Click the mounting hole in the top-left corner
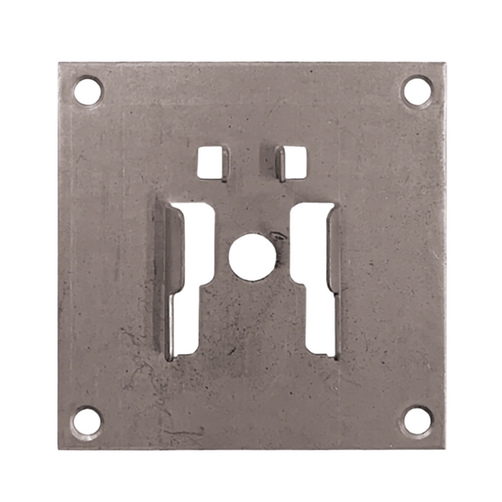[x=88, y=91]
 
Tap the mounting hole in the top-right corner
[x=417, y=90]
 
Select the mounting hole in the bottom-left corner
[x=87, y=420]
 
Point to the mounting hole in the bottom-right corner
[x=418, y=420]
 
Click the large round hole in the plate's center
[x=252, y=257]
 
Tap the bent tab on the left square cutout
[x=224, y=164]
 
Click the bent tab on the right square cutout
[x=280, y=164]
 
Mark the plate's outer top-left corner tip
[x=59, y=63]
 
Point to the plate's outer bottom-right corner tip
[x=444, y=448]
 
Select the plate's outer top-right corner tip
[x=445, y=63]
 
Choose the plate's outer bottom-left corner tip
[x=59, y=449]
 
